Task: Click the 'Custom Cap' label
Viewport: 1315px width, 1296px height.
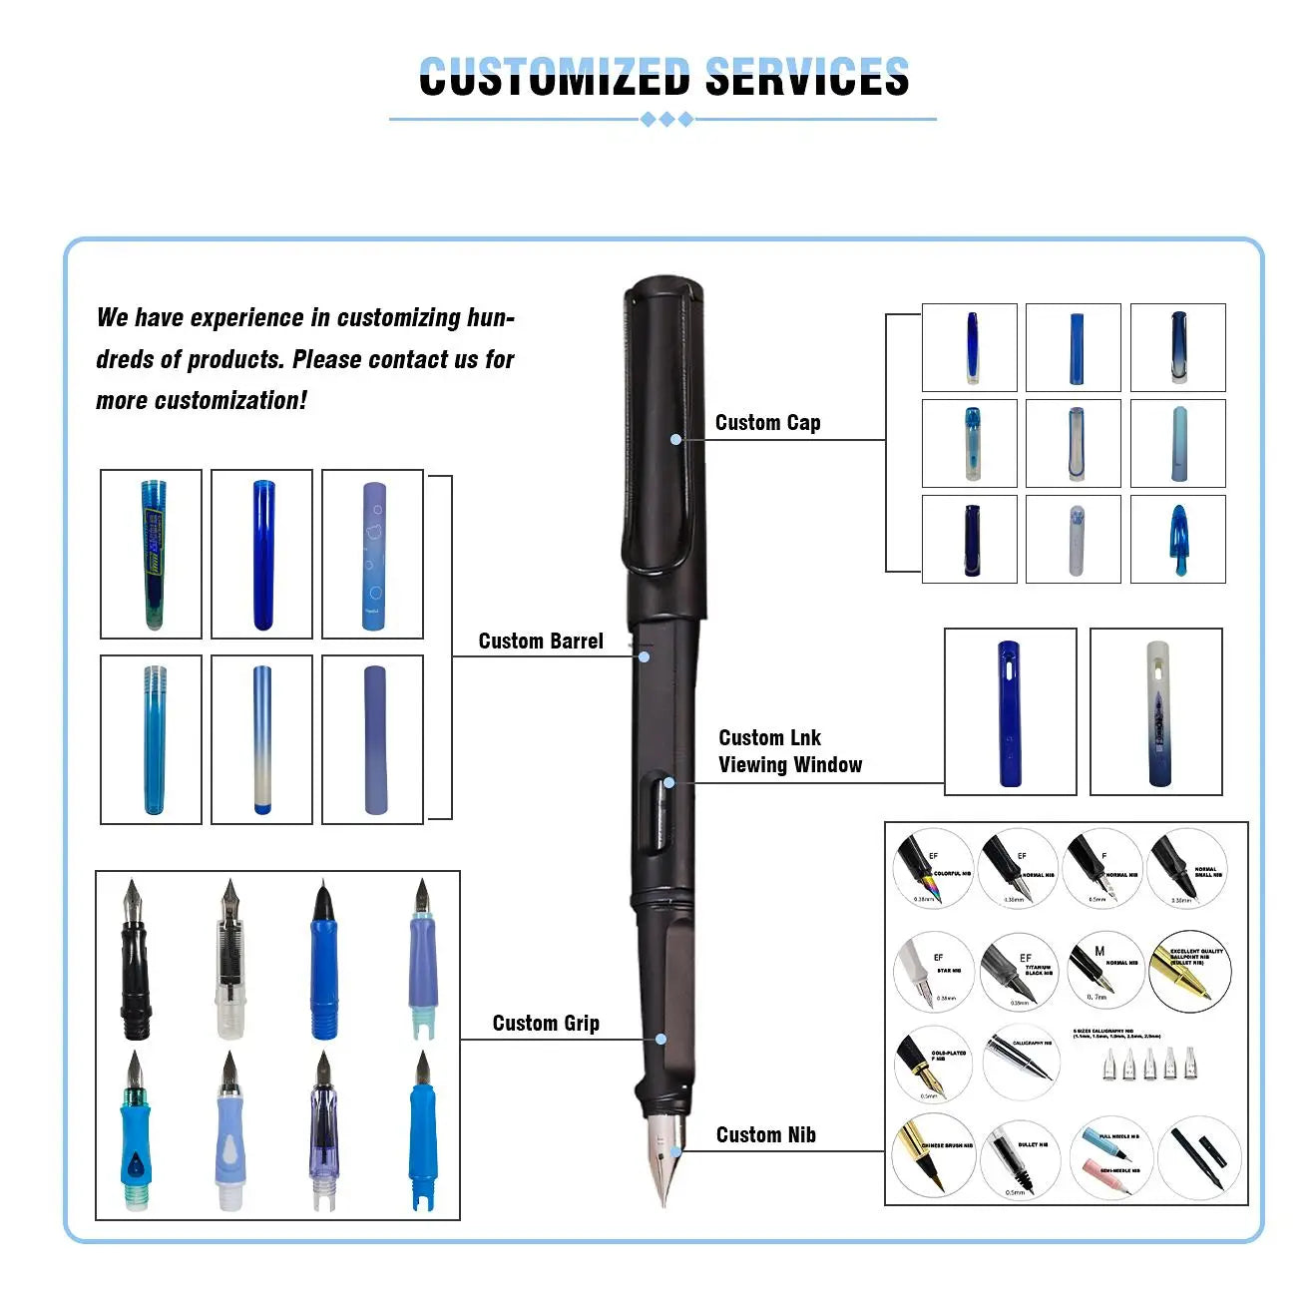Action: pyautogui.click(x=767, y=423)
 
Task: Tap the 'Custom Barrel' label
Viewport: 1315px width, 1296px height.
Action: pyautogui.click(x=541, y=642)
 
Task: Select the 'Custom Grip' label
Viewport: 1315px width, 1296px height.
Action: pyautogui.click(x=546, y=1024)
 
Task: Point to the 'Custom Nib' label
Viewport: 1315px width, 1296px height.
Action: pyautogui.click(x=765, y=1135)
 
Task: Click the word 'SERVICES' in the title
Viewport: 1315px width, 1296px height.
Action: pyautogui.click(x=807, y=77)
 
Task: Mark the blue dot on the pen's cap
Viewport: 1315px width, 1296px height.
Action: pyautogui.click(x=676, y=439)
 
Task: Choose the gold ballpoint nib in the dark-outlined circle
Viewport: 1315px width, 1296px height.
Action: pyautogui.click(x=1188, y=974)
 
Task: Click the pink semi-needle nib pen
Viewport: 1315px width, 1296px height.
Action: pyautogui.click(x=1108, y=1175)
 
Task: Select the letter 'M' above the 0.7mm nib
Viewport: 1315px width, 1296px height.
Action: pyautogui.click(x=1099, y=952)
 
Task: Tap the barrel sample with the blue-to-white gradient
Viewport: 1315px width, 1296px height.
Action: pyautogui.click(x=261, y=739)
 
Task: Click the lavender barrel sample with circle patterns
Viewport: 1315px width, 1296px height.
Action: pyautogui.click(x=373, y=555)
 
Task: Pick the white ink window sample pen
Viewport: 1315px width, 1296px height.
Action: pyautogui.click(x=1156, y=712)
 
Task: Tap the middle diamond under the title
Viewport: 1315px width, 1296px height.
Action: pyautogui.click(x=666, y=120)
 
